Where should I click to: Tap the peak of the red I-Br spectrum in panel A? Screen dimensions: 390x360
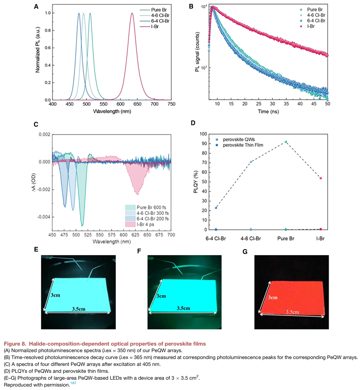(x=132, y=13)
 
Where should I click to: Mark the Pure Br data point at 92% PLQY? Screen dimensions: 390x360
(x=286, y=142)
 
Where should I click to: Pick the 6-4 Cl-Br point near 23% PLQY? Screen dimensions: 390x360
(x=216, y=208)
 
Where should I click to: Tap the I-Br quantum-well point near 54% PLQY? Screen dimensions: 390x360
(x=321, y=178)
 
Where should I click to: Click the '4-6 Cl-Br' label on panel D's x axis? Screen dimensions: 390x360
(x=251, y=238)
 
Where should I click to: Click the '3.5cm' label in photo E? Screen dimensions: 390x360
(x=79, y=309)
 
